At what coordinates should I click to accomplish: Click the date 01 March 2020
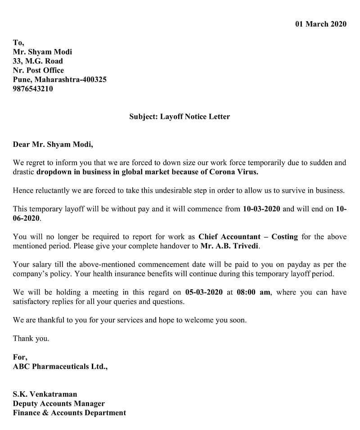(x=320, y=24)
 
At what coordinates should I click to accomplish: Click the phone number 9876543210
(x=33, y=89)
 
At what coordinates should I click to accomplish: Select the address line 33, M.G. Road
(x=38, y=61)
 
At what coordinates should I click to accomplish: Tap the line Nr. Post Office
(x=38, y=70)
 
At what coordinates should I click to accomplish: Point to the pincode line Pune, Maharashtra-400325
(x=59, y=80)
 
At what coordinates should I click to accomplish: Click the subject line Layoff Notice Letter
(x=180, y=117)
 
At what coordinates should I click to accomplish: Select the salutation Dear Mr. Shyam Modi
(x=53, y=145)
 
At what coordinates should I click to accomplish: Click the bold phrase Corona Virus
(x=237, y=172)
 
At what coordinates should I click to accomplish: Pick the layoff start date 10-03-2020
(x=261, y=209)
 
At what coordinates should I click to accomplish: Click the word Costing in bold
(x=284, y=236)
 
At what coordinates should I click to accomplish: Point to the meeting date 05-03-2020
(x=204, y=292)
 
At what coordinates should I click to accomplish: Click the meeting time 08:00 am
(x=254, y=292)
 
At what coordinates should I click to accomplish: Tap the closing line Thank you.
(x=31, y=339)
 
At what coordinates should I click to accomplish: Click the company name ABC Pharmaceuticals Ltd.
(x=60, y=367)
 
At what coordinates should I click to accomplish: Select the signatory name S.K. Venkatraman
(x=45, y=394)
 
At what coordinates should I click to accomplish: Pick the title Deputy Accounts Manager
(x=58, y=403)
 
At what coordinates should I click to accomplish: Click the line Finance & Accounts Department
(x=69, y=412)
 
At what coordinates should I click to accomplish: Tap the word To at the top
(x=18, y=42)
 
